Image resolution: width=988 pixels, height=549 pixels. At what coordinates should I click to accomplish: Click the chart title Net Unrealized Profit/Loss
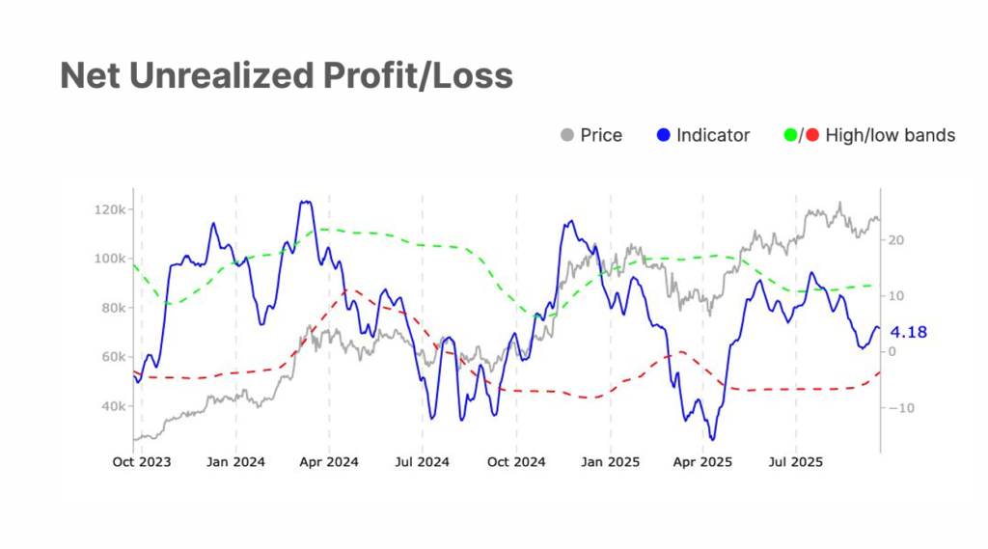286,75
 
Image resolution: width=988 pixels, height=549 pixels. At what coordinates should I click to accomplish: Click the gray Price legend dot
567,135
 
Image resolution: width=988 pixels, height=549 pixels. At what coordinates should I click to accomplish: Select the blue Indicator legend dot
662,135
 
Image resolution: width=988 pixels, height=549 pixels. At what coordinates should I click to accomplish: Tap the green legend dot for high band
790,135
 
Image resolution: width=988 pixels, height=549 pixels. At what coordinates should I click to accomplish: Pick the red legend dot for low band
811,135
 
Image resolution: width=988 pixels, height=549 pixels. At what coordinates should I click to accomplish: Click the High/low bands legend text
890,135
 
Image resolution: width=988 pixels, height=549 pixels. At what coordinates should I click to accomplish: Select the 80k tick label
111,308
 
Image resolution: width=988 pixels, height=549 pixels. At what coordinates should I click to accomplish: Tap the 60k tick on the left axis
111,357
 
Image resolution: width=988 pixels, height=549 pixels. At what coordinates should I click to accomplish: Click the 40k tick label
111,406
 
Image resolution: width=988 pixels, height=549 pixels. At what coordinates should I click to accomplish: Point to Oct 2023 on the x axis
141,462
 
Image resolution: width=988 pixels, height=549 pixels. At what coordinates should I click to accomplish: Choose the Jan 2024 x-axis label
235,462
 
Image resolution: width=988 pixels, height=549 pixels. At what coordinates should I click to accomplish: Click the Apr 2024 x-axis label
329,462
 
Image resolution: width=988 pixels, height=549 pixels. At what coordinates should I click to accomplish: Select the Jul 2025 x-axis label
796,462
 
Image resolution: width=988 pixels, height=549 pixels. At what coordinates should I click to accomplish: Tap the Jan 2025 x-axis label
610,462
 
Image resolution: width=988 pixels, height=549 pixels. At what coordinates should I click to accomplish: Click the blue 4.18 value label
908,332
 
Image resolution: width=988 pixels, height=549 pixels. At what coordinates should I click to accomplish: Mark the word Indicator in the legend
713,135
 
